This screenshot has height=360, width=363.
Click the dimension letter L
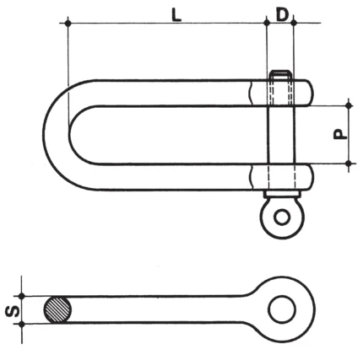pyautogui.click(x=176, y=15)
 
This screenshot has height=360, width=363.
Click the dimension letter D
pyautogui.click(x=282, y=15)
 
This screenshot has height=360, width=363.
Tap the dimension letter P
pyautogui.click(x=340, y=135)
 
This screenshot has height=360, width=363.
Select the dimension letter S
pyautogui.click(x=13, y=310)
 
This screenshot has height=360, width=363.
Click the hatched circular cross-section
pyautogui.click(x=57, y=310)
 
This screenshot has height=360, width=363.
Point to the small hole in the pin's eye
pyautogui.click(x=282, y=218)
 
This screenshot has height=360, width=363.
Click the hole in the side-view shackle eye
pyautogui.click(x=282, y=309)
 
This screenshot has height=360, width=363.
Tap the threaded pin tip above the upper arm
pyautogui.click(x=280, y=75)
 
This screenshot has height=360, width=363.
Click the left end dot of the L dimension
pyautogui.click(x=68, y=23)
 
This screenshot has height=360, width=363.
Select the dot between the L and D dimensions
pyautogui.click(x=267, y=23)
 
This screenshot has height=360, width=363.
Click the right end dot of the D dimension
pyautogui.click(x=293, y=23)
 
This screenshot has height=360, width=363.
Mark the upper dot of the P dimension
pyautogui.click(x=349, y=105)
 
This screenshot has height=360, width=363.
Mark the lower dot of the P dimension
pyautogui.click(x=349, y=164)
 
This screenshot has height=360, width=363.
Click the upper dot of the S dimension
pyautogui.click(x=22, y=296)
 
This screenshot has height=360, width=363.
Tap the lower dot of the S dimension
pyautogui.click(x=22, y=325)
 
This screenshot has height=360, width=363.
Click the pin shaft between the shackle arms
pyautogui.click(x=282, y=135)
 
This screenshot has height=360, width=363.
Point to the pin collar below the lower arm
pyautogui.click(x=282, y=194)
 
